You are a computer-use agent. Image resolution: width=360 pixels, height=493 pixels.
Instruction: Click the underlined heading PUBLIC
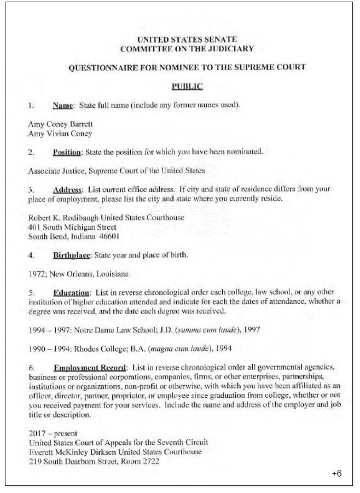pyautogui.click(x=187, y=86)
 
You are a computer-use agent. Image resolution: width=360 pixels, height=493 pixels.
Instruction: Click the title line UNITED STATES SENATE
pyautogui.click(x=187, y=39)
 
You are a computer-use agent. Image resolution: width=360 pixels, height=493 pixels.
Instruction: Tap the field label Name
pyautogui.click(x=63, y=105)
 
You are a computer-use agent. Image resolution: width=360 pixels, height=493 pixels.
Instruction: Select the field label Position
pyautogui.click(x=67, y=152)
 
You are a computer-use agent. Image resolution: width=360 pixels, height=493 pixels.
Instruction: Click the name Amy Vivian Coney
pyautogui.click(x=60, y=134)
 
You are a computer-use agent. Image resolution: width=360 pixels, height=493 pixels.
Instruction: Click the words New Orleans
pyautogui.click(x=65, y=274)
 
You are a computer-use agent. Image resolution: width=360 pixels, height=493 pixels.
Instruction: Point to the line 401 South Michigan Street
pyautogui.click(x=72, y=227)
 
